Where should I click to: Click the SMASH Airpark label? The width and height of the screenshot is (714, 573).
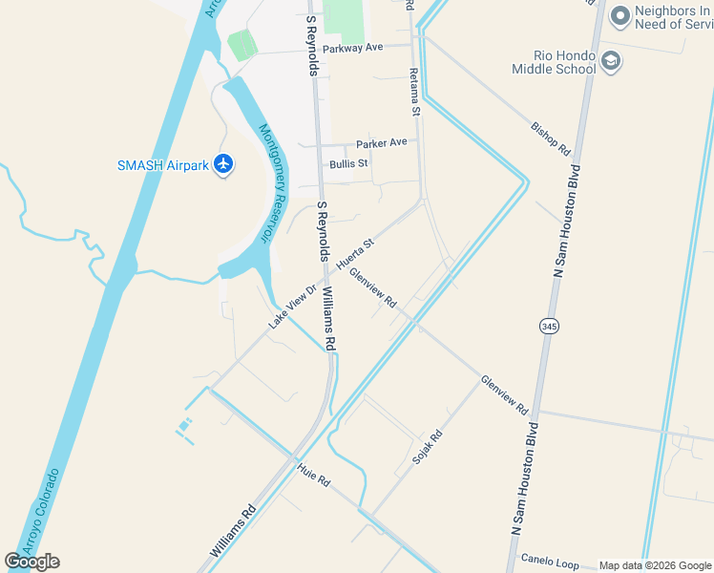162,165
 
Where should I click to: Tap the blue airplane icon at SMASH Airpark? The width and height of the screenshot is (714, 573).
224,164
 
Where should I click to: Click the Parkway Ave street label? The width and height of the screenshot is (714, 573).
352,47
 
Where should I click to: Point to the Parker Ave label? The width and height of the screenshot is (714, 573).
381,143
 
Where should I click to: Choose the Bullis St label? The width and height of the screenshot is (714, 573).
348,164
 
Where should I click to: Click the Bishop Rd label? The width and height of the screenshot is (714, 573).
550,138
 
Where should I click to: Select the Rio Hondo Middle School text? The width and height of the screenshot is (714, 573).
565,62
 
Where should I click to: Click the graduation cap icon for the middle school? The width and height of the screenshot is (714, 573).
612,62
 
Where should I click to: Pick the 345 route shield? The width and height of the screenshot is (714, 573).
548,327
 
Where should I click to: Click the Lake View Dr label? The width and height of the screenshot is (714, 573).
291,306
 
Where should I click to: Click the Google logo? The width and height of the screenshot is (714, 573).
31,562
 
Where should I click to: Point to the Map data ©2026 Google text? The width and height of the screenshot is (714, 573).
654,565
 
